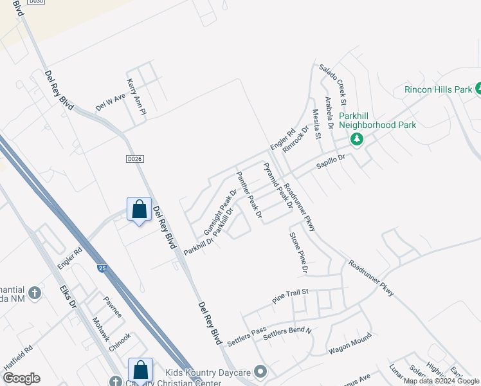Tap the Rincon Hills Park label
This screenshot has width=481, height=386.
point(438,90)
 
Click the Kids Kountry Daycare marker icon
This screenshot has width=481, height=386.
point(260,371)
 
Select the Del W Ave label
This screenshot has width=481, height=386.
point(109,103)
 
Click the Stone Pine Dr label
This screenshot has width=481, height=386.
point(298,250)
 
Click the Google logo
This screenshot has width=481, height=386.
point(22,378)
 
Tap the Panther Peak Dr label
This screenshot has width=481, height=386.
point(249,195)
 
